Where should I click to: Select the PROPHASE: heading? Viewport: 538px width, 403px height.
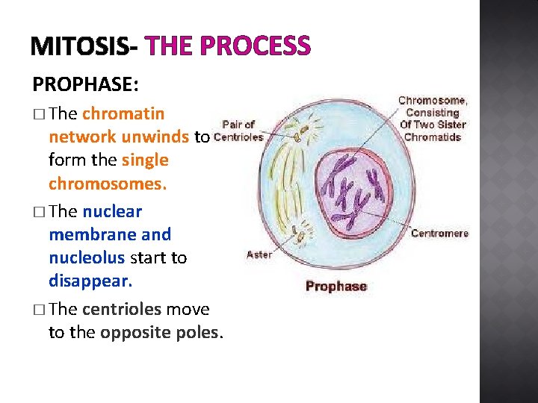(x=85, y=84)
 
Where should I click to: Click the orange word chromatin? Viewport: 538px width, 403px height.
(x=123, y=114)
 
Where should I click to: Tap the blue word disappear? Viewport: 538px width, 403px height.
(x=90, y=281)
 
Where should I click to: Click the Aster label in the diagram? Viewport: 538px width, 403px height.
(x=259, y=254)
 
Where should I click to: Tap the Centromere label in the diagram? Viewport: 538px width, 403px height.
(x=440, y=234)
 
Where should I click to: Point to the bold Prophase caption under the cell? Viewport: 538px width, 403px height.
(x=336, y=286)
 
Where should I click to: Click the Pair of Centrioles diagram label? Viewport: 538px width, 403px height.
(x=238, y=131)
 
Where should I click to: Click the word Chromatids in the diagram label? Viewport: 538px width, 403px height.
(x=433, y=137)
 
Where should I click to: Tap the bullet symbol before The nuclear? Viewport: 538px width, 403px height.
(x=38, y=212)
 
